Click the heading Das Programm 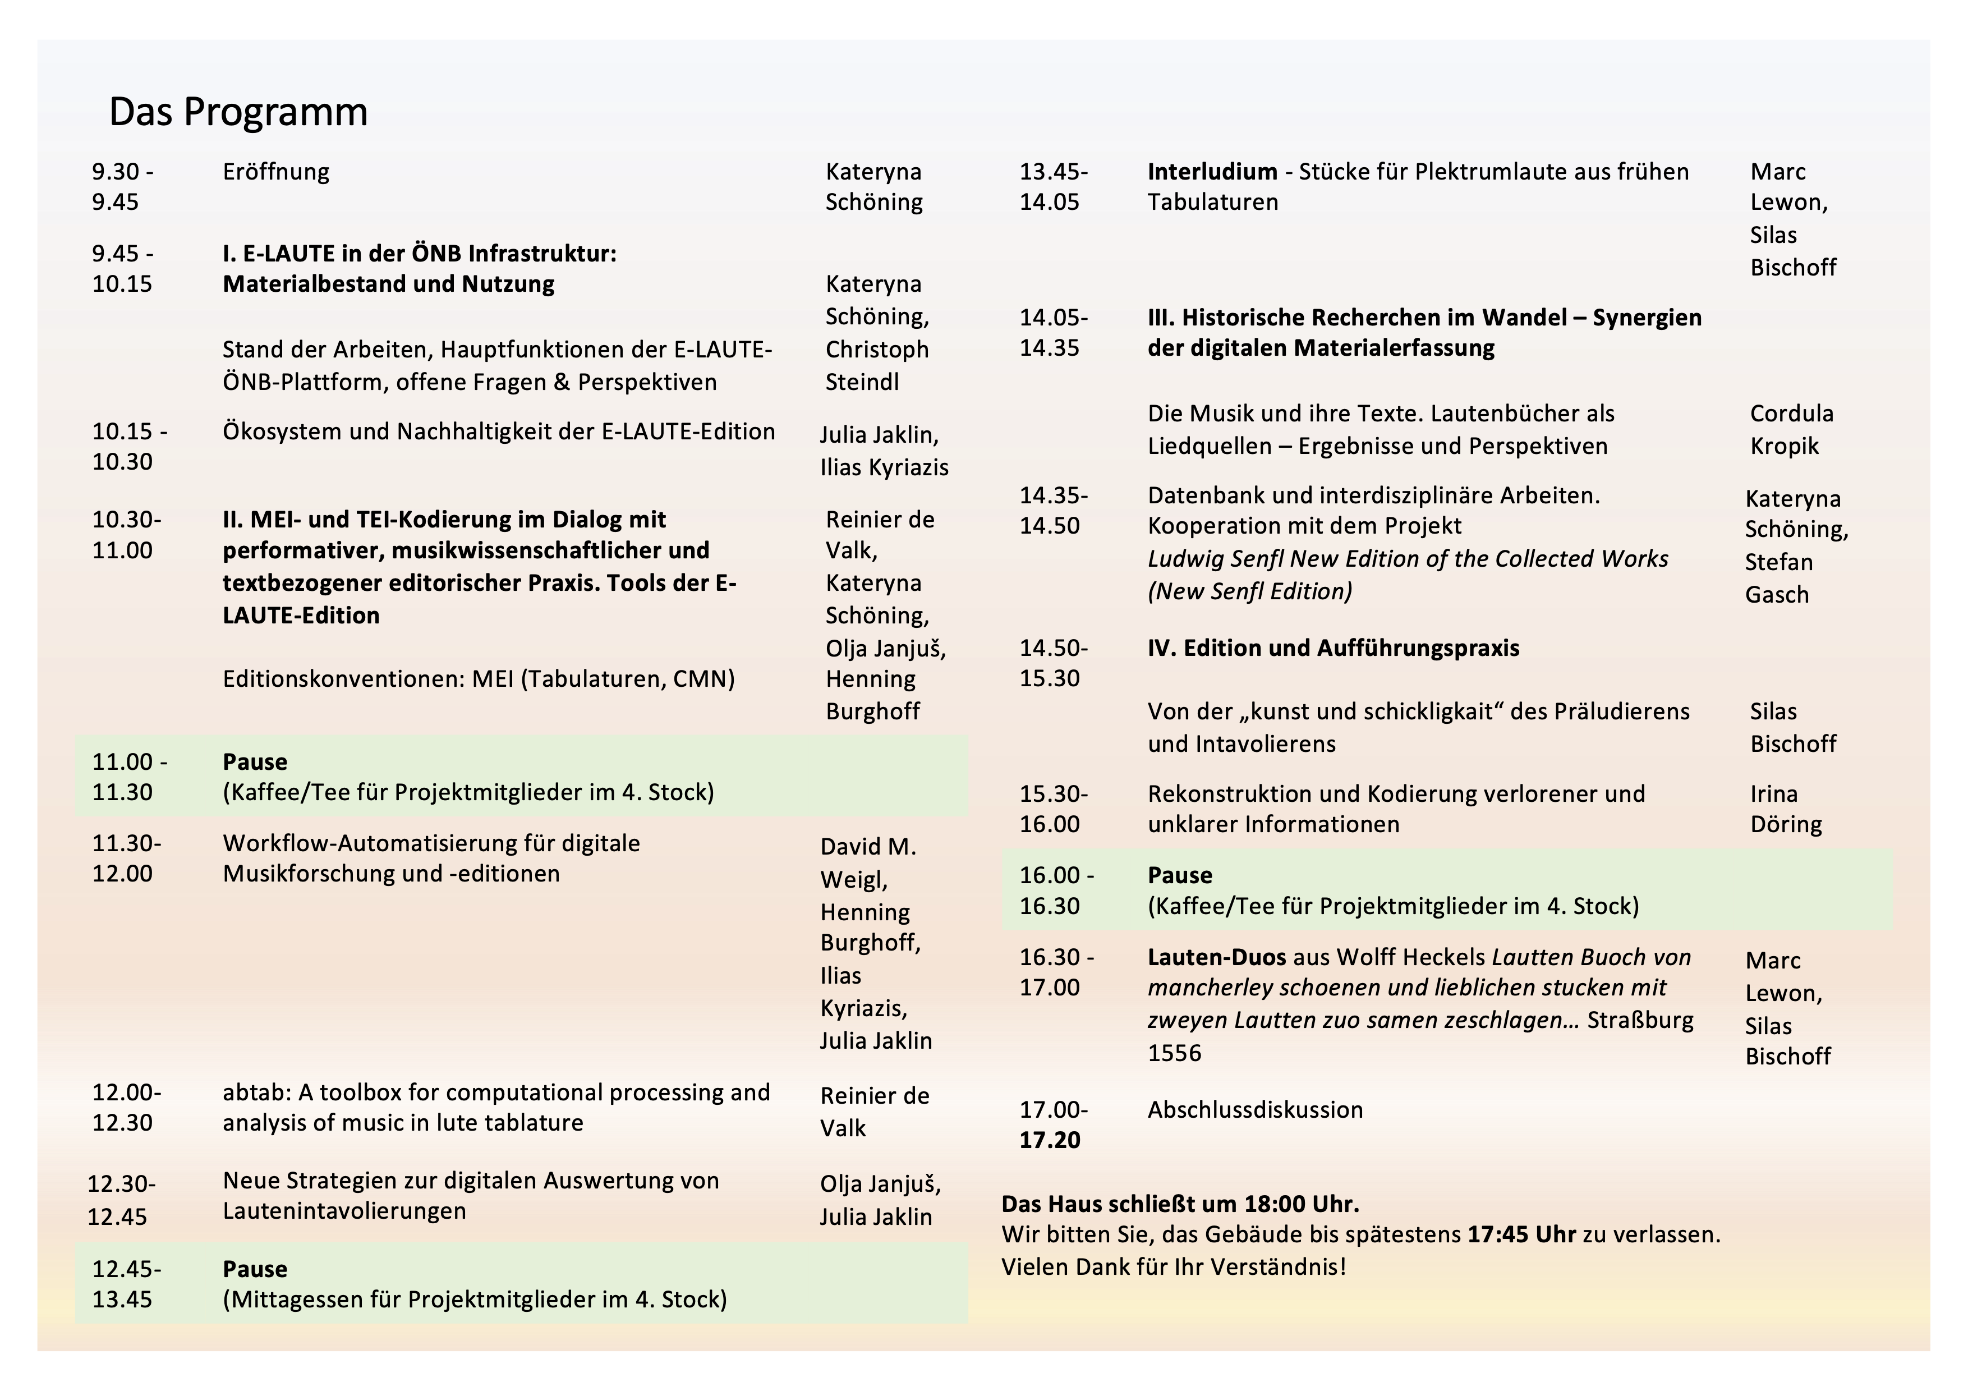point(238,112)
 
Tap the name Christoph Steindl point(876,366)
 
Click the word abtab point(245,1092)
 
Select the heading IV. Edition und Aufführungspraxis point(1333,649)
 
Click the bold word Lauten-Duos point(1216,957)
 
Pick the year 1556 point(1174,1053)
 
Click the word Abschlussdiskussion point(1255,1110)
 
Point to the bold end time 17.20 point(1049,1141)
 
